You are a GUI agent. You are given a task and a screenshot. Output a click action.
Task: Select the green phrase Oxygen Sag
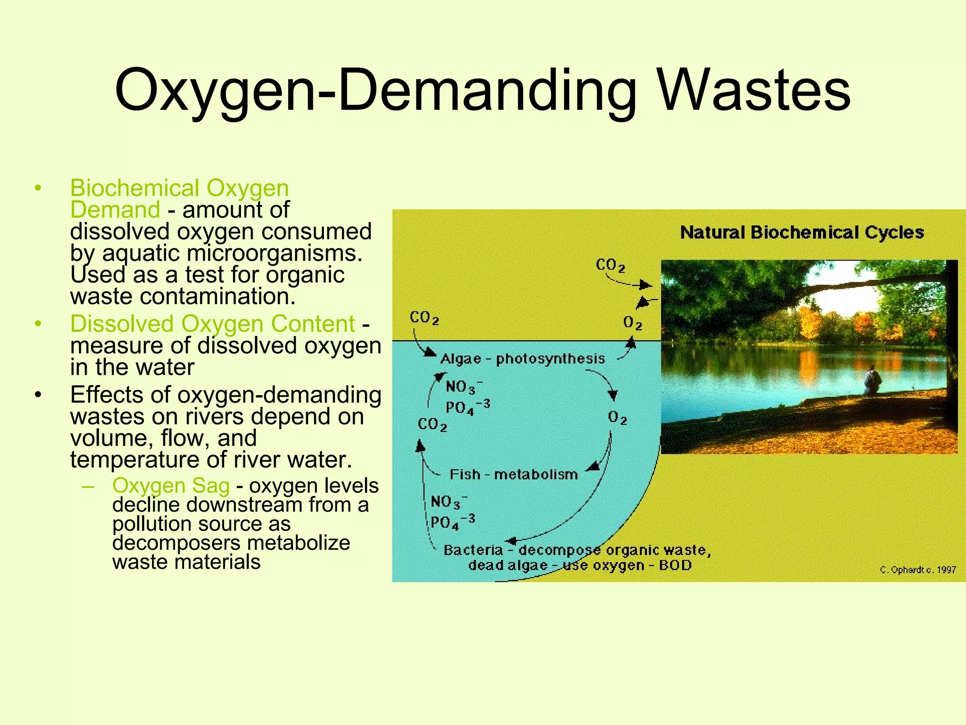click(171, 486)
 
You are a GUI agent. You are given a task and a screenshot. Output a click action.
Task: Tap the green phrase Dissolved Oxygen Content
click(212, 324)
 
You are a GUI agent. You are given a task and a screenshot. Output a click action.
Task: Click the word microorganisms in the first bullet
click(275, 253)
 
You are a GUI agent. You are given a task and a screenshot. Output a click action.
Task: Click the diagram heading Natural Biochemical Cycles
click(801, 233)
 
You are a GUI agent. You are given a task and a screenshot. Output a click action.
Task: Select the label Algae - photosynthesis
click(522, 359)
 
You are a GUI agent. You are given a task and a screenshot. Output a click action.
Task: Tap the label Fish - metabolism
click(514, 474)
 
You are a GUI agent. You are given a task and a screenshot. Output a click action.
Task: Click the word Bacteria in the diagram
click(473, 550)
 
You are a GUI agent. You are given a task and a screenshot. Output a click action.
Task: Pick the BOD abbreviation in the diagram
click(675, 565)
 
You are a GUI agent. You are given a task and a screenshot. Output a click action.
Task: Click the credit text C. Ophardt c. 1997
click(917, 570)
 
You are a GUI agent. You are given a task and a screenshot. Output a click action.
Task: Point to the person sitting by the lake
click(872, 380)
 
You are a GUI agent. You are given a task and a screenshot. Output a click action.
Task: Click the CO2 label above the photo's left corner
click(610, 265)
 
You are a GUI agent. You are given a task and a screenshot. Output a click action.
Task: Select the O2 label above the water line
click(633, 323)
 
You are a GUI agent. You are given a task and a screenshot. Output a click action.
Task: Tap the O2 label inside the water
click(617, 418)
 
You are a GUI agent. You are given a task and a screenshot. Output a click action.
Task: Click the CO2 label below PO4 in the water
click(432, 424)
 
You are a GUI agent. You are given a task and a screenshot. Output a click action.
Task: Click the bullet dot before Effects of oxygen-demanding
click(38, 395)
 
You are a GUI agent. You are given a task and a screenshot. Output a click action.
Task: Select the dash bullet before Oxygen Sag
click(88, 486)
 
